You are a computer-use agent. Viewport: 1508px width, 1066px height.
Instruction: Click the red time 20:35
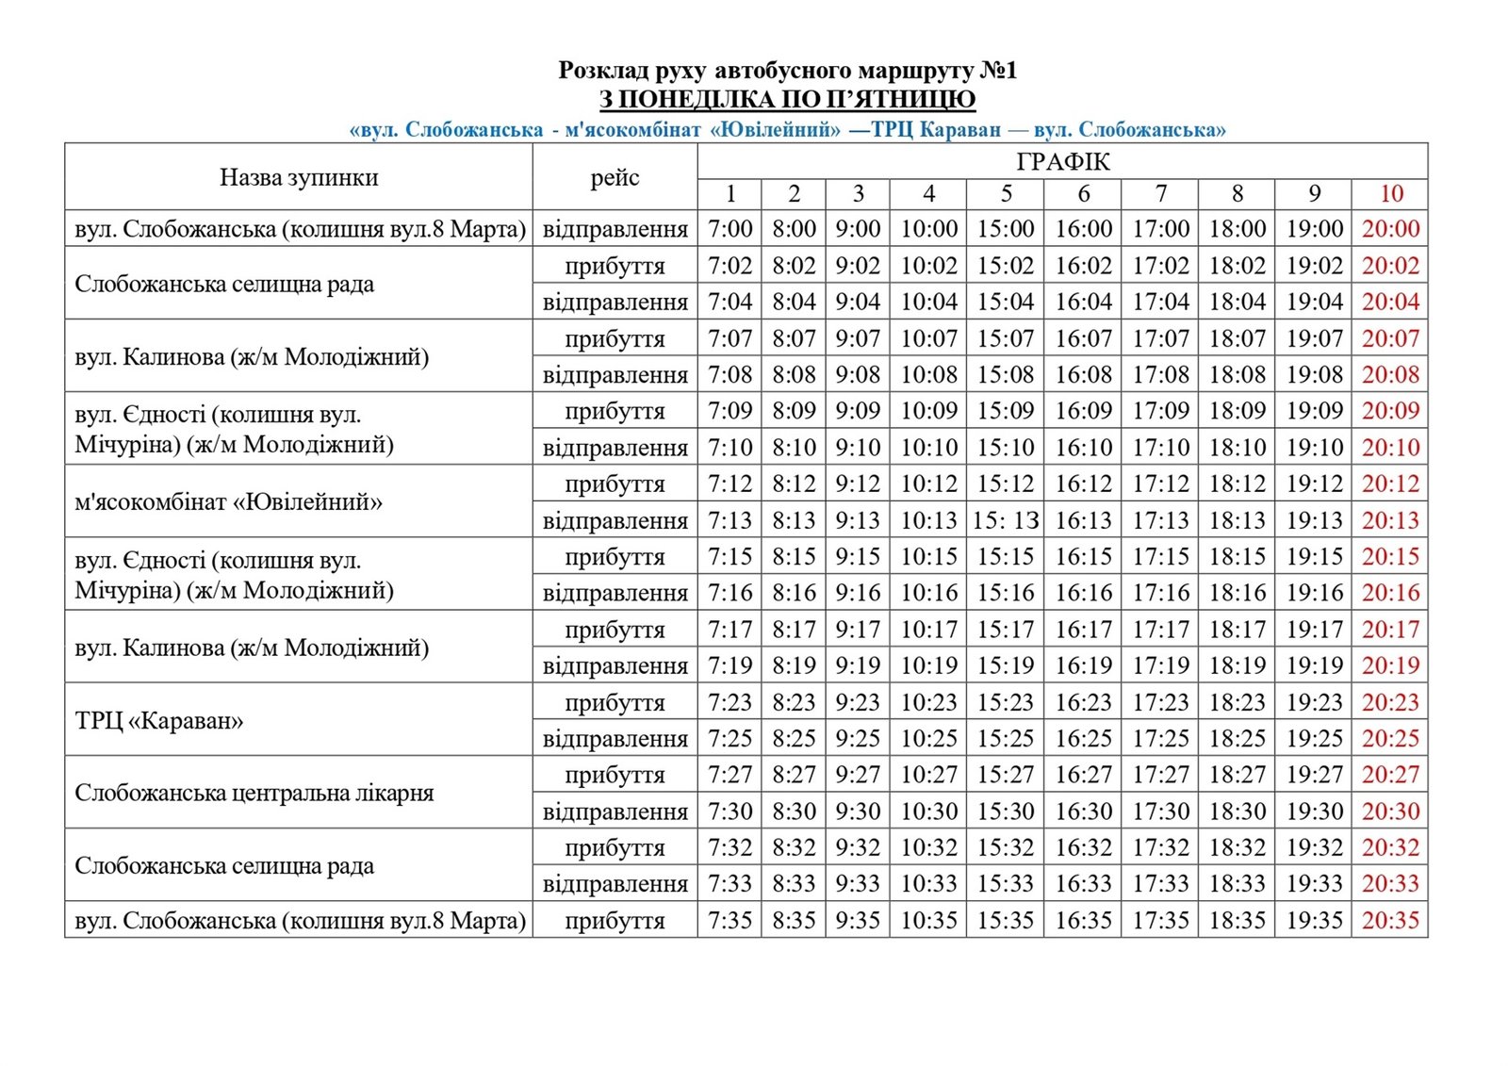click(x=1390, y=920)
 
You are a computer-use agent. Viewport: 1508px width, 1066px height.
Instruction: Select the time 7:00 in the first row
click(x=730, y=229)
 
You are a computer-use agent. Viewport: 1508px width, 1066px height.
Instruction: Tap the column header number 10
click(x=1391, y=194)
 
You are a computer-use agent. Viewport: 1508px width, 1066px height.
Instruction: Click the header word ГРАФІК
click(x=1062, y=162)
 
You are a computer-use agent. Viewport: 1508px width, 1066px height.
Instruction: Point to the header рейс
click(x=615, y=177)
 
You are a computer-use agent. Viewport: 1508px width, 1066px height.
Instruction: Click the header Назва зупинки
click(x=299, y=177)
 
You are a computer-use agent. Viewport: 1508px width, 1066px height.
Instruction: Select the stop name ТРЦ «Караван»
click(x=159, y=721)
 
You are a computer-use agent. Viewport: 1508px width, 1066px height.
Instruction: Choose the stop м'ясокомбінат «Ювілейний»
click(x=229, y=501)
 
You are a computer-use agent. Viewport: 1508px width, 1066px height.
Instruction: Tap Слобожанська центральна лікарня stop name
click(x=254, y=793)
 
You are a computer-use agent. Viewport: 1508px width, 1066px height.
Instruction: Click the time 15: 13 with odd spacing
click(x=1006, y=520)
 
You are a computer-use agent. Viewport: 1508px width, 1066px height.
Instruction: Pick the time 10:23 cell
click(x=928, y=702)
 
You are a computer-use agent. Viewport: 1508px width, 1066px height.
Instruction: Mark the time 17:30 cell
click(x=1160, y=812)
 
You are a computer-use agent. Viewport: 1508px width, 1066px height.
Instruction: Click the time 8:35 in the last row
click(x=794, y=920)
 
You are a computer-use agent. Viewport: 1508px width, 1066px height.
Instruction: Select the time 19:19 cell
click(x=1314, y=665)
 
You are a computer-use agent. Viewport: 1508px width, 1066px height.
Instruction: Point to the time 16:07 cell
click(x=1083, y=338)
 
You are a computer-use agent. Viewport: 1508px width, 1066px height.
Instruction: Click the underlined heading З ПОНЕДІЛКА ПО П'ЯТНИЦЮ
click(x=787, y=100)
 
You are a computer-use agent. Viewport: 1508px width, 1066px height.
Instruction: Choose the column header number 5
click(x=1006, y=194)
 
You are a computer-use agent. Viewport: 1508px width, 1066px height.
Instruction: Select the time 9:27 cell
click(x=857, y=775)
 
